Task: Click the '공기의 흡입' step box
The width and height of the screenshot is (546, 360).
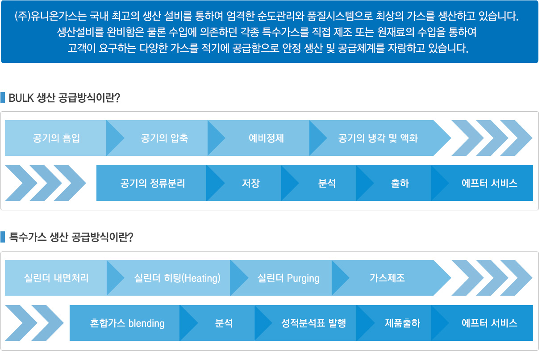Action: [56, 138]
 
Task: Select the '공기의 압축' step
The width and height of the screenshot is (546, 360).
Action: [165, 138]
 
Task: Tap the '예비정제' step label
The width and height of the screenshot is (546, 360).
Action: [266, 138]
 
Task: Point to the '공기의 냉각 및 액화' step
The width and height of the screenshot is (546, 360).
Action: [378, 138]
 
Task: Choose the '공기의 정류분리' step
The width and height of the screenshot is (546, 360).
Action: [153, 184]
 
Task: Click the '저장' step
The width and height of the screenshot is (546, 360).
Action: [251, 184]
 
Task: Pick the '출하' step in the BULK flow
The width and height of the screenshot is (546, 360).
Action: [400, 184]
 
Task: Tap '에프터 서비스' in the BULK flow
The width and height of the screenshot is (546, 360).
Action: [489, 184]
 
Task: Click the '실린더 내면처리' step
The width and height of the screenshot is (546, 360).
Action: [56, 278]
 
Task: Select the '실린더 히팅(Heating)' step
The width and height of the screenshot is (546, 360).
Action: [177, 278]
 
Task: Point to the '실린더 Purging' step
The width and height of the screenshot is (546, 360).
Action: [288, 278]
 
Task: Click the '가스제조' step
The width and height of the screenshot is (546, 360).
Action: [388, 278]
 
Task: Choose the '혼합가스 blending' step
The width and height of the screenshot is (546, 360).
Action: [127, 323]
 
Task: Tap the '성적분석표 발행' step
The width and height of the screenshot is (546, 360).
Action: [314, 323]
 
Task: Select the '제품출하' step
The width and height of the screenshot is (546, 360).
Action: [402, 323]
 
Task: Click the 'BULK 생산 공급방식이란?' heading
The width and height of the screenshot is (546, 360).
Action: [64, 98]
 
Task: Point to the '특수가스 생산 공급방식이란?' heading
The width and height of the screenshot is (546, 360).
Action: [71, 237]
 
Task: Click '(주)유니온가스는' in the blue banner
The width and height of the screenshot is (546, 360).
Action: [51, 16]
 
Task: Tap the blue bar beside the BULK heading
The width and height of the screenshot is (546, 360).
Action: [3, 97]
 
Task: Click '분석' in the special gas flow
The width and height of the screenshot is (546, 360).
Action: [224, 323]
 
